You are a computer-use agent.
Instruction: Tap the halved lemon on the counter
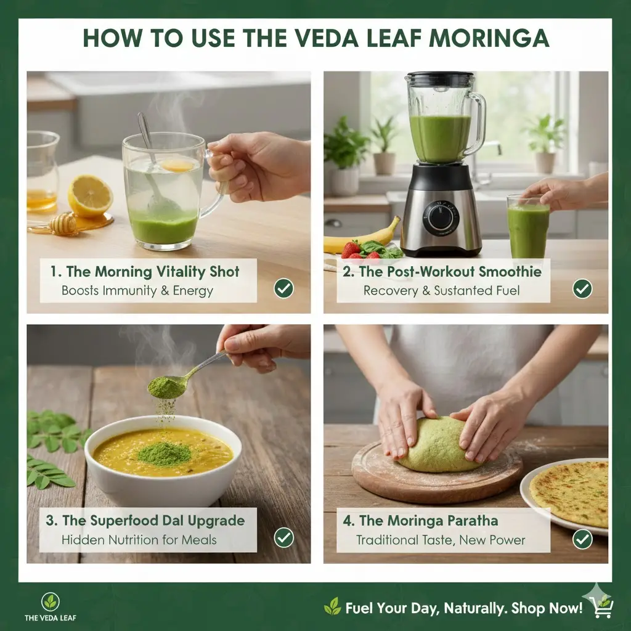click(90, 195)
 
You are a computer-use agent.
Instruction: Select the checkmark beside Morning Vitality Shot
click(283, 287)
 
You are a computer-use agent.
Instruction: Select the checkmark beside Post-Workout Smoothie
click(582, 288)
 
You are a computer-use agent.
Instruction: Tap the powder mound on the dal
click(163, 453)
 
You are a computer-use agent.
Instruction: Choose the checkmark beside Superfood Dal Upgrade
click(283, 537)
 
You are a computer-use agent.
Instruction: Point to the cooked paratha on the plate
click(570, 492)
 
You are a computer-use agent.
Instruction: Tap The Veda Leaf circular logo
click(51, 601)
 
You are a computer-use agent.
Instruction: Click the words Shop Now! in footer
click(549, 608)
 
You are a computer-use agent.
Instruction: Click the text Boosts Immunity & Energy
click(137, 290)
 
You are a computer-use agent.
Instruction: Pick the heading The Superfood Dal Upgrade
click(145, 520)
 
